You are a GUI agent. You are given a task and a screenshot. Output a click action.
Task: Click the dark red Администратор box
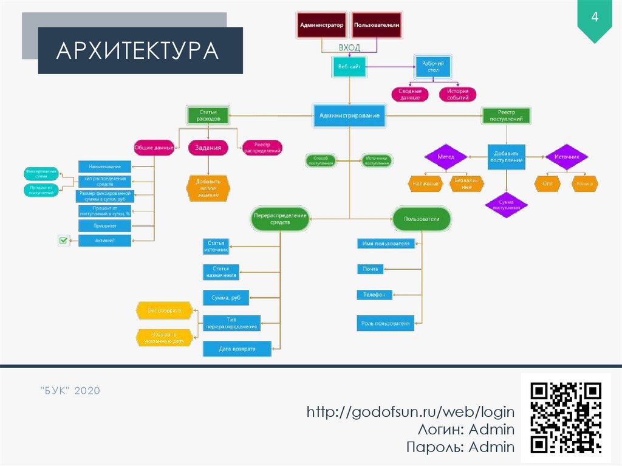[x=321, y=26]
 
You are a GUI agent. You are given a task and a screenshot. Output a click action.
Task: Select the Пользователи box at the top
[x=377, y=26]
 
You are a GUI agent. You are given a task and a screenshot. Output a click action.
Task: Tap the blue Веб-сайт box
[x=349, y=66]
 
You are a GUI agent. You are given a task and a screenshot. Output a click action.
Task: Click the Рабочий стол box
[x=432, y=66]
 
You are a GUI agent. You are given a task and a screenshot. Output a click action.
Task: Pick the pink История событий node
[x=457, y=94]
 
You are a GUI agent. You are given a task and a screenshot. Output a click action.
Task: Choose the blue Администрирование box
[x=349, y=115]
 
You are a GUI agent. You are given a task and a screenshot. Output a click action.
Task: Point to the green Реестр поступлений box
[x=506, y=115]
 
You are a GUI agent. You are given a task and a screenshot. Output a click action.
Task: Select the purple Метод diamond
[x=446, y=157]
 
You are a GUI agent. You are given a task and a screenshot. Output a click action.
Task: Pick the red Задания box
[x=208, y=147]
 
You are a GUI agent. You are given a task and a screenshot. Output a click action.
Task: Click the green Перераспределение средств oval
[x=280, y=219]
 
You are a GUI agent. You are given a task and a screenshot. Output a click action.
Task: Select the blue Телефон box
[x=374, y=295]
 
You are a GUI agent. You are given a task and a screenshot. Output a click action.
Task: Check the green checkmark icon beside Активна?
[x=63, y=241]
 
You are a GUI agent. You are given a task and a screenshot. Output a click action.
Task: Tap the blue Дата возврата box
[x=237, y=349]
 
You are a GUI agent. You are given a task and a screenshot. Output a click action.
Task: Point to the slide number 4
[x=595, y=18]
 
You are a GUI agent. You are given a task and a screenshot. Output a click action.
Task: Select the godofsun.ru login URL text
[x=411, y=412]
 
